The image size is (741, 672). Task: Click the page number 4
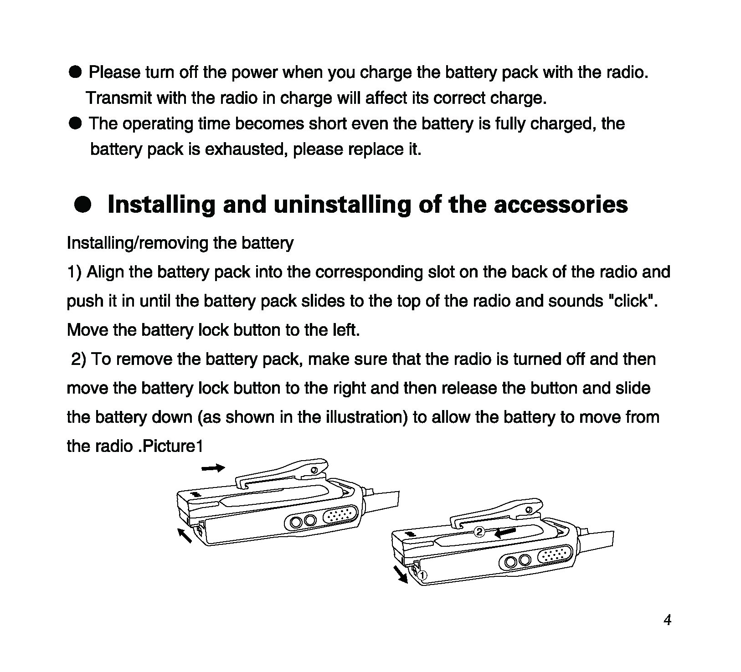tap(667, 620)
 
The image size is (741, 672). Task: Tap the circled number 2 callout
tap(479, 532)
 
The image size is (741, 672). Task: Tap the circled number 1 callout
tap(422, 575)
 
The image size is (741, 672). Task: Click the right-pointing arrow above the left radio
tap(213, 468)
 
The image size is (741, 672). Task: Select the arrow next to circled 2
tap(505, 533)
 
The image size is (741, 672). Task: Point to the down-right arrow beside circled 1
tap(401, 575)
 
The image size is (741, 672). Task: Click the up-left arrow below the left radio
tap(185, 535)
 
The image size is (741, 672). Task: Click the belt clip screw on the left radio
tap(314, 470)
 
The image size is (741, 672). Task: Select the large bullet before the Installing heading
tap(83, 205)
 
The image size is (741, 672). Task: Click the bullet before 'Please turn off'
tap(75, 72)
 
